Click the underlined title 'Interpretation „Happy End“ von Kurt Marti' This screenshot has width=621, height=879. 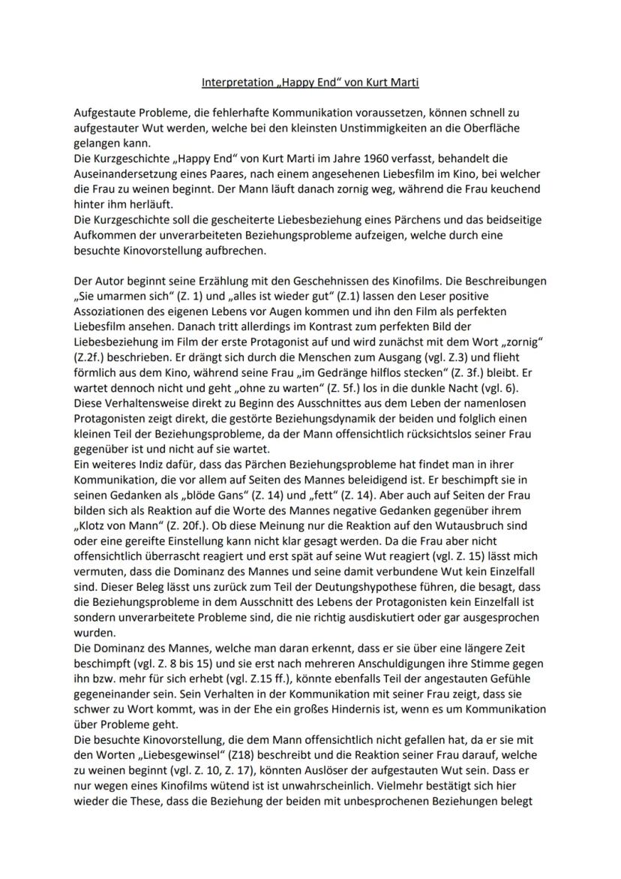click(x=310, y=82)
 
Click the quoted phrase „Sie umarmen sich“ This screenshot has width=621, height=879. click(x=119, y=295)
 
